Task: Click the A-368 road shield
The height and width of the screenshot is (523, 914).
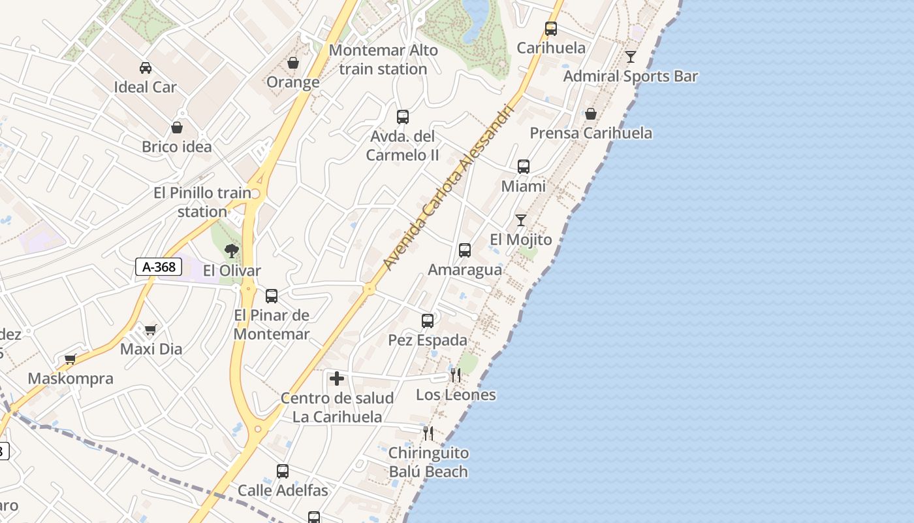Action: pos(159,267)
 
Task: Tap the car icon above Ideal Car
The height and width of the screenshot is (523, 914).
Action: pos(145,67)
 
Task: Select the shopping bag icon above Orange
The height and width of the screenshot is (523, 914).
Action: pos(293,63)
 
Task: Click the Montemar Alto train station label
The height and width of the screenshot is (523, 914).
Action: pos(383,59)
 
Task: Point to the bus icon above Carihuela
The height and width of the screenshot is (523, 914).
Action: pos(551,29)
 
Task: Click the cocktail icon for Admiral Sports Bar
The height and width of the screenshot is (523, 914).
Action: pos(630,57)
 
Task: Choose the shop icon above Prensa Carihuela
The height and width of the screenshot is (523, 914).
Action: pos(591,114)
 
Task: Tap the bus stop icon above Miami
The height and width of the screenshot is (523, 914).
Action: pos(524,167)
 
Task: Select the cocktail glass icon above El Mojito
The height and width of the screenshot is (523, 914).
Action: pos(521,220)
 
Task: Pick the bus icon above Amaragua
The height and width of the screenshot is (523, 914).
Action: pos(465,250)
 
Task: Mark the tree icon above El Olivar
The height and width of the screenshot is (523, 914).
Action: pos(231,250)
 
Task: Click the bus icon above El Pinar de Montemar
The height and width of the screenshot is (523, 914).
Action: pos(272,295)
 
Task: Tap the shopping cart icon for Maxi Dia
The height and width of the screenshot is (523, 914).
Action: pos(151,329)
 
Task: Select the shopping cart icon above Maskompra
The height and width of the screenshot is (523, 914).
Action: pos(71,359)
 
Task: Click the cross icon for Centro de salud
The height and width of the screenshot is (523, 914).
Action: pos(337,379)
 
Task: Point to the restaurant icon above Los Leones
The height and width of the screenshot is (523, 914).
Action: pos(456,375)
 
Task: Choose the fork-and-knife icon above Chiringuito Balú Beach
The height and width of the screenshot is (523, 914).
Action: pos(428,433)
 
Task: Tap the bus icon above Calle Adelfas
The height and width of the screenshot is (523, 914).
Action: pos(283,471)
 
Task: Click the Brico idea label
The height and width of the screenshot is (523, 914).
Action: pos(177,146)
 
